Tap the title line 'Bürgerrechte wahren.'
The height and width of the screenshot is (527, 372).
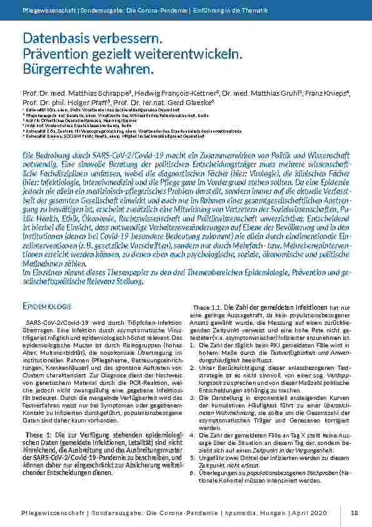coord(79,67)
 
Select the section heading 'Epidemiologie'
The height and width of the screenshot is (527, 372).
coord(49,307)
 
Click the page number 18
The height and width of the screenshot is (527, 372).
coord(354,513)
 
